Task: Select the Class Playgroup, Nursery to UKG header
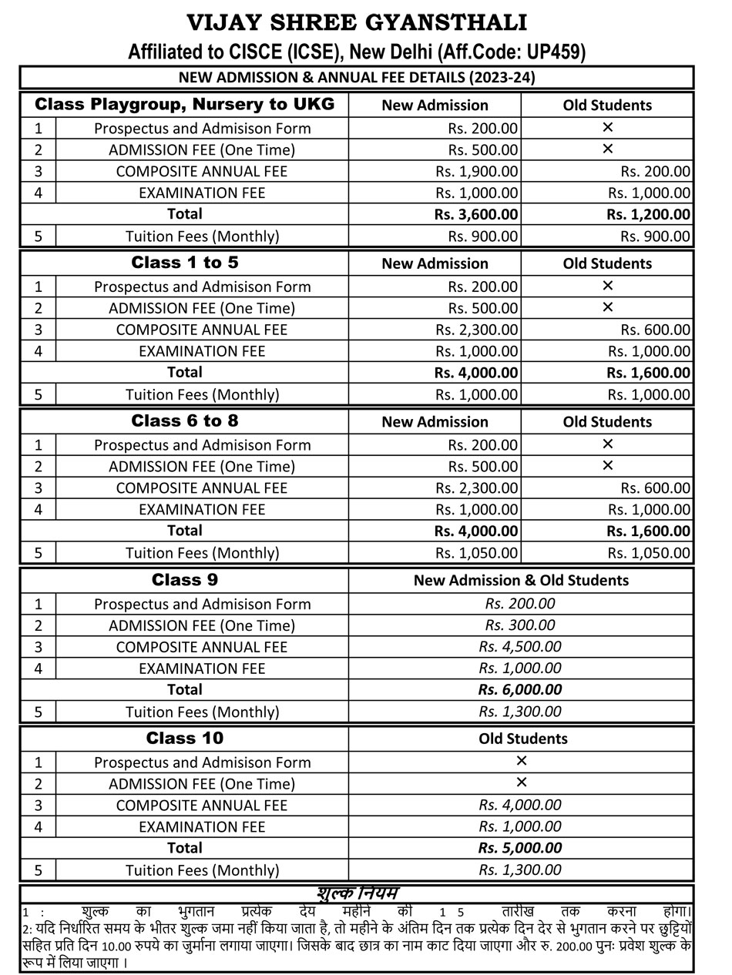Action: click(185, 104)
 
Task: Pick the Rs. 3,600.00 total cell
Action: click(476, 214)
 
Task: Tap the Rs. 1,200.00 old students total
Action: click(648, 214)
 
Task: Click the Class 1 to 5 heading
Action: click(185, 263)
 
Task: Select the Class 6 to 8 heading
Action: click(185, 421)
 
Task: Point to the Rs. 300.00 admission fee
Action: click(520, 625)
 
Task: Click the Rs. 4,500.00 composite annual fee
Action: click(520, 647)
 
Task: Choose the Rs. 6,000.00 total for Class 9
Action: click(520, 689)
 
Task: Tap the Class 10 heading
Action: click(185, 739)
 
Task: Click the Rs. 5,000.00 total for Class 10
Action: click(520, 848)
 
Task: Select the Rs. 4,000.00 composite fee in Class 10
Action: click(520, 805)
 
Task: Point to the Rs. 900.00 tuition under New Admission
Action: click(483, 236)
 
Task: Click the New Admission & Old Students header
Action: click(521, 580)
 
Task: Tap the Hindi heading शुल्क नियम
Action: click(357, 893)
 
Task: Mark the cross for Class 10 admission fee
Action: click(521, 782)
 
